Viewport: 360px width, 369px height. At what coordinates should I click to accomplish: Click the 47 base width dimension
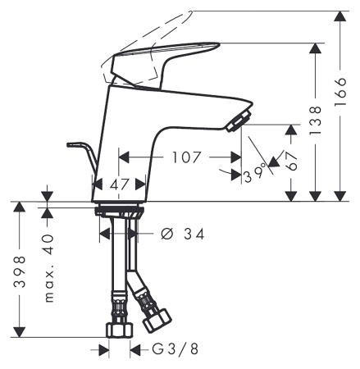click(x=121, y=185)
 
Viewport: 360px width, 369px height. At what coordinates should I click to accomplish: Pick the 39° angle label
click(x=255, y=174)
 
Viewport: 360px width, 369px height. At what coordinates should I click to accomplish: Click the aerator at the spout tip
click(x=235, y=122)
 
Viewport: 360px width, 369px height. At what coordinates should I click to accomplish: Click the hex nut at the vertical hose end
click(x=120, y=330)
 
